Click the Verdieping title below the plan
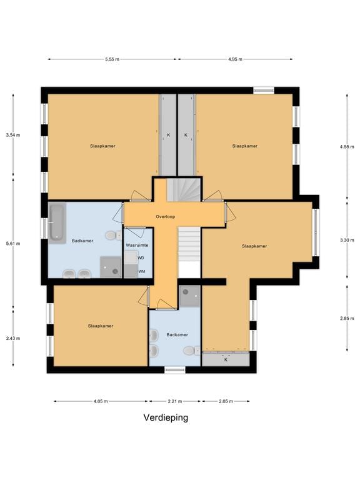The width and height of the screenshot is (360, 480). (x=166, y=417)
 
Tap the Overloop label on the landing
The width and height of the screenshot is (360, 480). (x=165, y=217)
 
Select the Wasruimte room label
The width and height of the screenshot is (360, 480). (x=137, y=245)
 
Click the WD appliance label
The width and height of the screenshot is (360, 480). (x=141, y=258)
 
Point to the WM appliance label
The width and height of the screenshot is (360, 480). (x=142, y=271)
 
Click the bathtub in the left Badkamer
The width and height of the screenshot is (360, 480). (x=57, y=222)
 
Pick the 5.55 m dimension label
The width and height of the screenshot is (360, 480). (x=112, y=59)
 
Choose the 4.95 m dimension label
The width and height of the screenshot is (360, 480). (x=235, y=59)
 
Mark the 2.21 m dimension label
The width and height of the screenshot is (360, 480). (x=175, y=401)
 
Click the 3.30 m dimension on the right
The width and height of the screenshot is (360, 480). (x=347, y=240)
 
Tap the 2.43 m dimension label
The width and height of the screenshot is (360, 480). (x=13, y=338)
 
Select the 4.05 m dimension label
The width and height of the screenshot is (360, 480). (x=101, y=401)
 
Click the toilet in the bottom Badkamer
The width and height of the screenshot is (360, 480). (x=192, y=351)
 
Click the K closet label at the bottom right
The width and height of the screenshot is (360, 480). (x=226, y=360)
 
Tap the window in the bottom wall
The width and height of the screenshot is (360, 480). (x=175, y=370)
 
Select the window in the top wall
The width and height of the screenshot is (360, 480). (x=264, y=90)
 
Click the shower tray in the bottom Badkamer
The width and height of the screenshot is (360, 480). (x=190, y=296)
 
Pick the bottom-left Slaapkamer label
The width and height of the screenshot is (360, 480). (x=101, y=326)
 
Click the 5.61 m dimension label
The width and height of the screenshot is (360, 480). (x=13, y=244)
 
